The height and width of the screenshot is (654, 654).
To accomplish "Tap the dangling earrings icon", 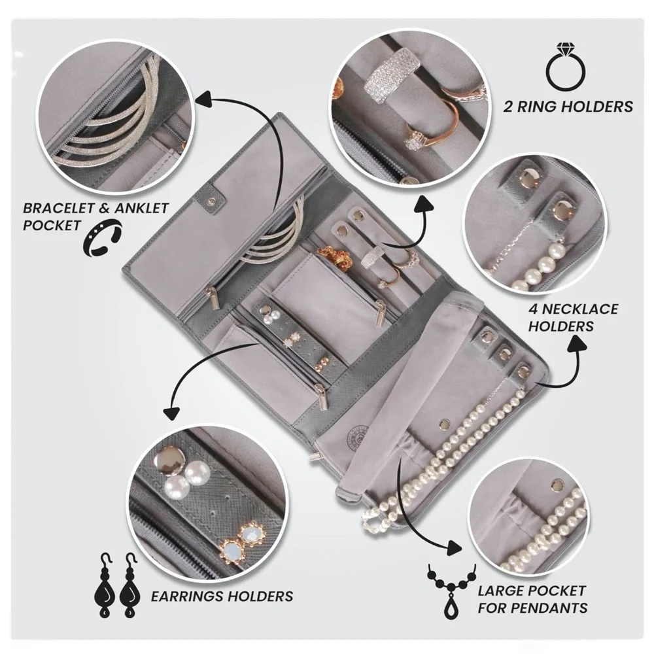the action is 117,585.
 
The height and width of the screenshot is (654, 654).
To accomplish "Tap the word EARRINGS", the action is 186,596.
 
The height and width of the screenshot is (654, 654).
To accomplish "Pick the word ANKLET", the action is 141,208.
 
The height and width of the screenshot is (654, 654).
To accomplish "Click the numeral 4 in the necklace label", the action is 534,309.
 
